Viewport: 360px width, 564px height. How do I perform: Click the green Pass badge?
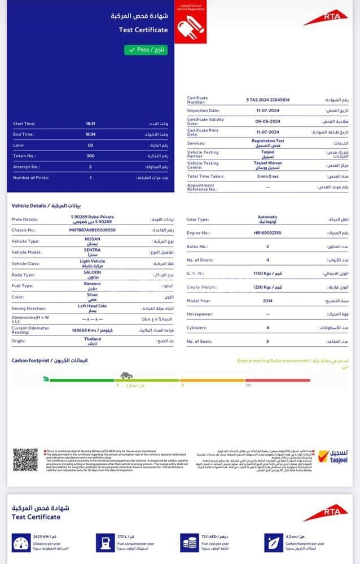[146, 50]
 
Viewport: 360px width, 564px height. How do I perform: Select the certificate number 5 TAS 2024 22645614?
[267, 100]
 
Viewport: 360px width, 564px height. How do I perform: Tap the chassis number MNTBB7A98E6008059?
[93, 230]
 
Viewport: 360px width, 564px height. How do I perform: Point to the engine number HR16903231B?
[267, 232]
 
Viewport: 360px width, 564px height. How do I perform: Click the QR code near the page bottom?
[25, 460]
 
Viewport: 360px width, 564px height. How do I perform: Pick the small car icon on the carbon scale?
[126, 375]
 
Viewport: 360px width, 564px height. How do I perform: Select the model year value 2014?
[267, 301]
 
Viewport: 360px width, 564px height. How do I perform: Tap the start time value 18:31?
[90, 124]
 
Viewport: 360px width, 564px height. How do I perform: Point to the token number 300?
[90, 156]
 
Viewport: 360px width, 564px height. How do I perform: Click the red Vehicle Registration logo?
[191, 23]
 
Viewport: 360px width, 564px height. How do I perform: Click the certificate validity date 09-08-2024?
[267, 121]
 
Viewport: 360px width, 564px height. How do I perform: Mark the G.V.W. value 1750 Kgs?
[267, 274]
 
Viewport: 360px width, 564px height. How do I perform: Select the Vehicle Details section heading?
[48, 205]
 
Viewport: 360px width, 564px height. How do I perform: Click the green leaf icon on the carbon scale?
[46, 379]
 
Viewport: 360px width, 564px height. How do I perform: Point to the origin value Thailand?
[93, 341]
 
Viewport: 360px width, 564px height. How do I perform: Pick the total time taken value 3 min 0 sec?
[267, 177]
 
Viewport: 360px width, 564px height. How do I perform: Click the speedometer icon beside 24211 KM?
[21, 545]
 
